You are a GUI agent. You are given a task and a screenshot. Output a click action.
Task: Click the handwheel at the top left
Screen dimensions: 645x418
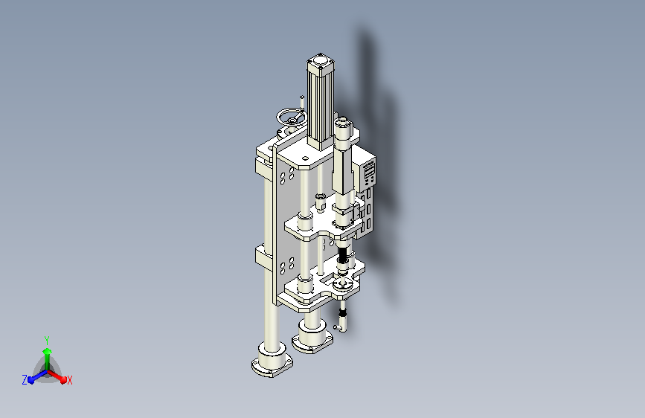(x=291, y=118)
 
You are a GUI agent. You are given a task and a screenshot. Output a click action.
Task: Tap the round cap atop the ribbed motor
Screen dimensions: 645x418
(x=320, y=62)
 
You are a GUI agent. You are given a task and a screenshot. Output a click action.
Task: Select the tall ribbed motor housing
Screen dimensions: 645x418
(x=320, y=103)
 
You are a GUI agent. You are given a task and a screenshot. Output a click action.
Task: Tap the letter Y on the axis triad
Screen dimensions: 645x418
(x=47, y=340)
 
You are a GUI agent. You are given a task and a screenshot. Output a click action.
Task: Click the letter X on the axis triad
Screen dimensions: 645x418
(x=69, y=380)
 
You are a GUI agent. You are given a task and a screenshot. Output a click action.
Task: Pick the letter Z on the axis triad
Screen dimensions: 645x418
(x=25, y=380)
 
